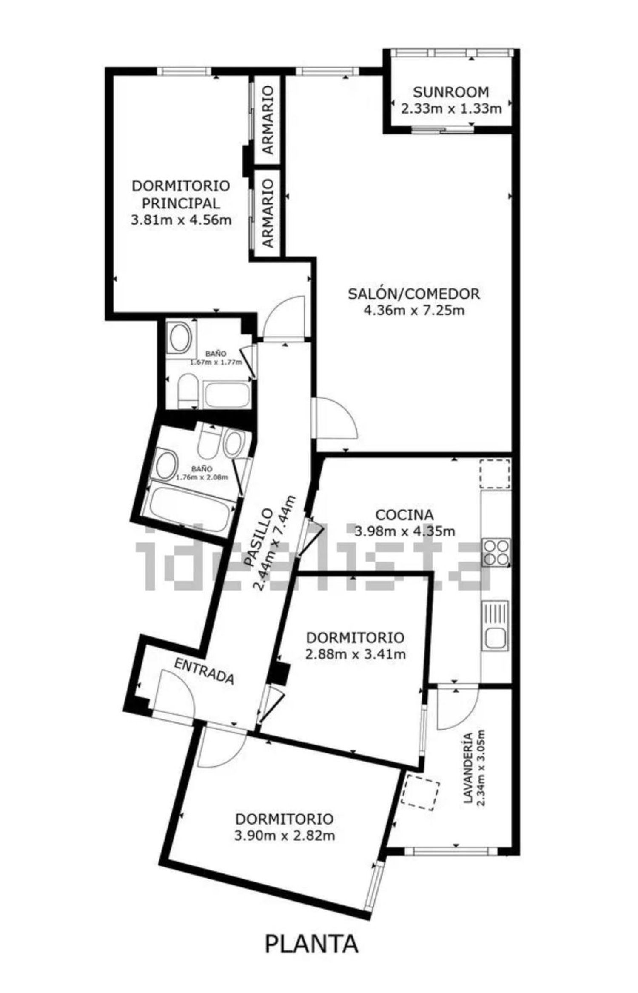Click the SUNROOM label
(451, 92)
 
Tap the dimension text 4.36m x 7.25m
(414, 311)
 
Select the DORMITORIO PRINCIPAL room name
(181, 194)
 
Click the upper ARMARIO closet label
(268, 120)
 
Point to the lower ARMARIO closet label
(268, 213)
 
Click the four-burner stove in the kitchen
(496, 552)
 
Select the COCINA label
(405, 514)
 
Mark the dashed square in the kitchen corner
(495, 473)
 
